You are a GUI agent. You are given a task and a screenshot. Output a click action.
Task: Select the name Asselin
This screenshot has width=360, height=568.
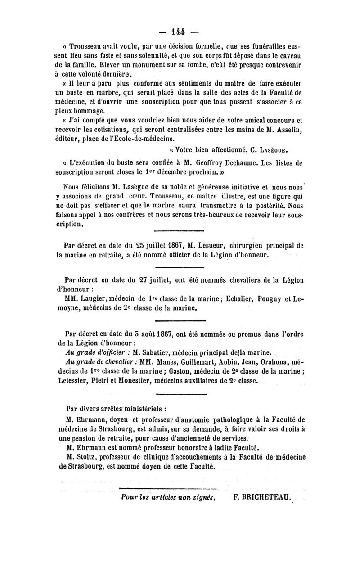click(x=286, y=131)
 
